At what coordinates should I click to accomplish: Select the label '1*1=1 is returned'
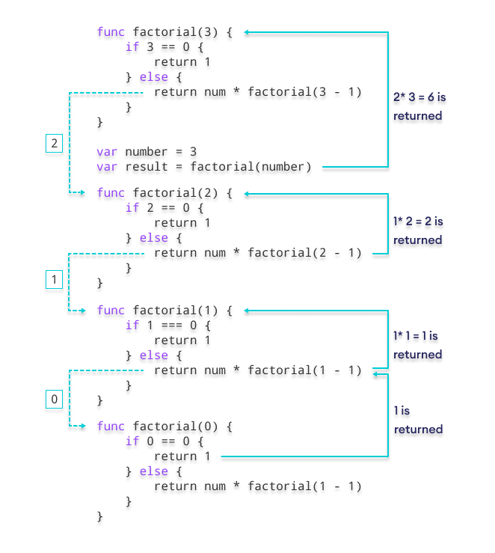(x=418, y=345)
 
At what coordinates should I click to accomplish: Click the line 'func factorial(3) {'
(x=165, y=33)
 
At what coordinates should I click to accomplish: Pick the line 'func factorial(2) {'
(x=165, y=193)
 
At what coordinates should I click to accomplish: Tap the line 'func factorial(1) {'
(x=165, y=311)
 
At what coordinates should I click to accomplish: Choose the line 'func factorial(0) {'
(x=165, y=427)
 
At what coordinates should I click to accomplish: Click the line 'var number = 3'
(x=147, y=151)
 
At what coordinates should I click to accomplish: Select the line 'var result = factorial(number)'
(x=204, y=167)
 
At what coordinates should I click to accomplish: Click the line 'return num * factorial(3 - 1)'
(x=257, y=94)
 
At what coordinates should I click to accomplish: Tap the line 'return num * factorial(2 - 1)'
(x=257, y=254)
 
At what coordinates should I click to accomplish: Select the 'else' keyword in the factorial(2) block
(x=154, y=238)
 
